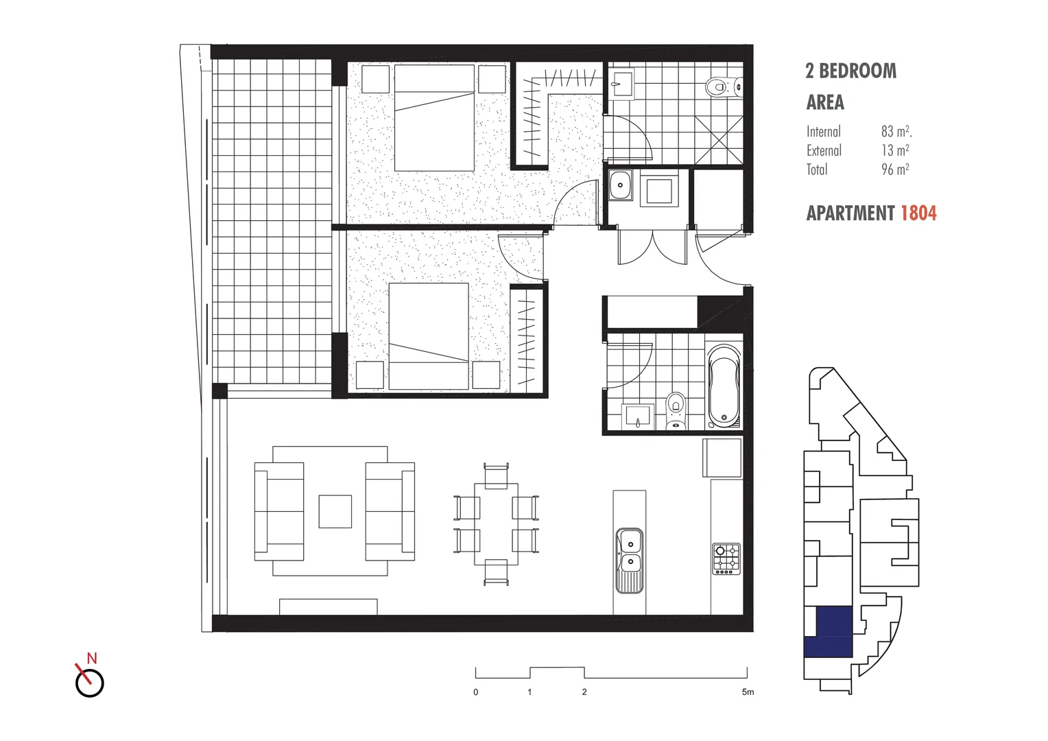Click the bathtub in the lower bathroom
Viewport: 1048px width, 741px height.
pos(724,386)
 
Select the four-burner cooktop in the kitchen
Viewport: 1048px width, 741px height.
pos(726,558)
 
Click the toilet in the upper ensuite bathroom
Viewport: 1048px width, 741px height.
pos(717,87)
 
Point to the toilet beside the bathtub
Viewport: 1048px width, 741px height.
pos(676,410)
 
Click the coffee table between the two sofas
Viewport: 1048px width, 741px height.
pos(335,511)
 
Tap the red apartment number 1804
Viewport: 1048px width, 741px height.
pos(918,213)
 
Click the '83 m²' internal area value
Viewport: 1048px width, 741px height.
pos(896,131)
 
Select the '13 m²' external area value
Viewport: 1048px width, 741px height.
pos(895,150)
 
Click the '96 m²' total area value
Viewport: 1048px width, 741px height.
pos(895,169)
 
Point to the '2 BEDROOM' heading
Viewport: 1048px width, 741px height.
pos(850,71)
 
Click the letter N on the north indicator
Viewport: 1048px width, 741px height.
pos(92,658)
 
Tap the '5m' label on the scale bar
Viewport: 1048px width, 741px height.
pos(748,692)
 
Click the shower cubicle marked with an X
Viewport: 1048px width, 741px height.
pos(719,140)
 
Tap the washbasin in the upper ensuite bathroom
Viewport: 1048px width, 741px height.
pos(623,84)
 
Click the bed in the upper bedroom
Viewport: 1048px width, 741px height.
pos(434,117)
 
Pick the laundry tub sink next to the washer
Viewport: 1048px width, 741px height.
pos(621,185)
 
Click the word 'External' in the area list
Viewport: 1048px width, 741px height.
pos(824,150)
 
